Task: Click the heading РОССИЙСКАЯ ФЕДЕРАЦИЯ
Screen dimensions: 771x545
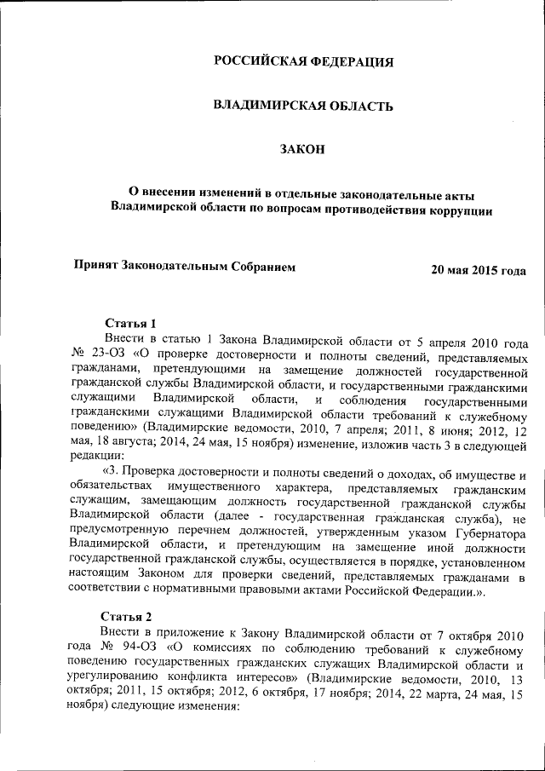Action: pyautogui.click(x=303, y=61)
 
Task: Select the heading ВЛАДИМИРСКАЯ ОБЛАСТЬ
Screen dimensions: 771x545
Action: pyautogui.click(x=303, y=106)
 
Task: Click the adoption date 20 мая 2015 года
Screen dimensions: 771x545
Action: pyautogui.click(x=478, y=270)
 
